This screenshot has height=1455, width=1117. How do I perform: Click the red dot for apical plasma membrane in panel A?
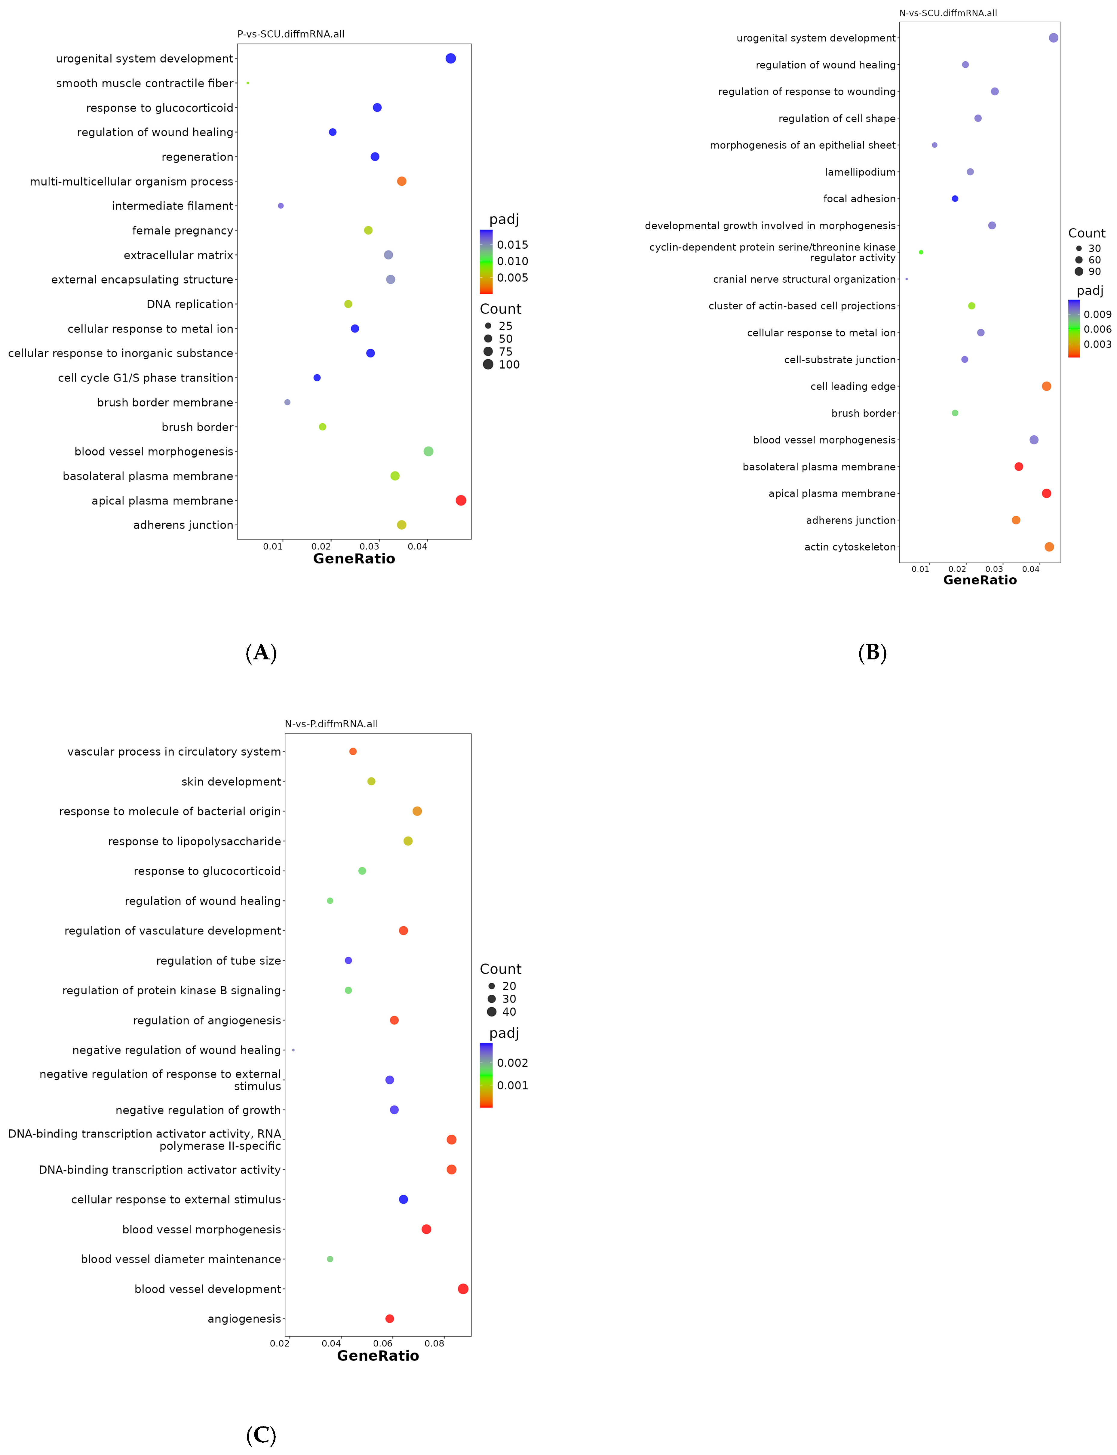461,500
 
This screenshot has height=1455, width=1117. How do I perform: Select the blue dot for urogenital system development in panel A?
451,59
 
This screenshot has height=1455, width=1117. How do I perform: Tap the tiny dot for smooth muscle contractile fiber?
248,83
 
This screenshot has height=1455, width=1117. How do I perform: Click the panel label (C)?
261,1435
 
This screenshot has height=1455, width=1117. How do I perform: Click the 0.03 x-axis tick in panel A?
369,547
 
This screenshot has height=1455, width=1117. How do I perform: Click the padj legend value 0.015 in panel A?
513,245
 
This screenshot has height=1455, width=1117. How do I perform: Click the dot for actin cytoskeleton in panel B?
1049,547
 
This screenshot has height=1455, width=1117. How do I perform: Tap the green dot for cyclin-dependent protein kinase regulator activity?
921,252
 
